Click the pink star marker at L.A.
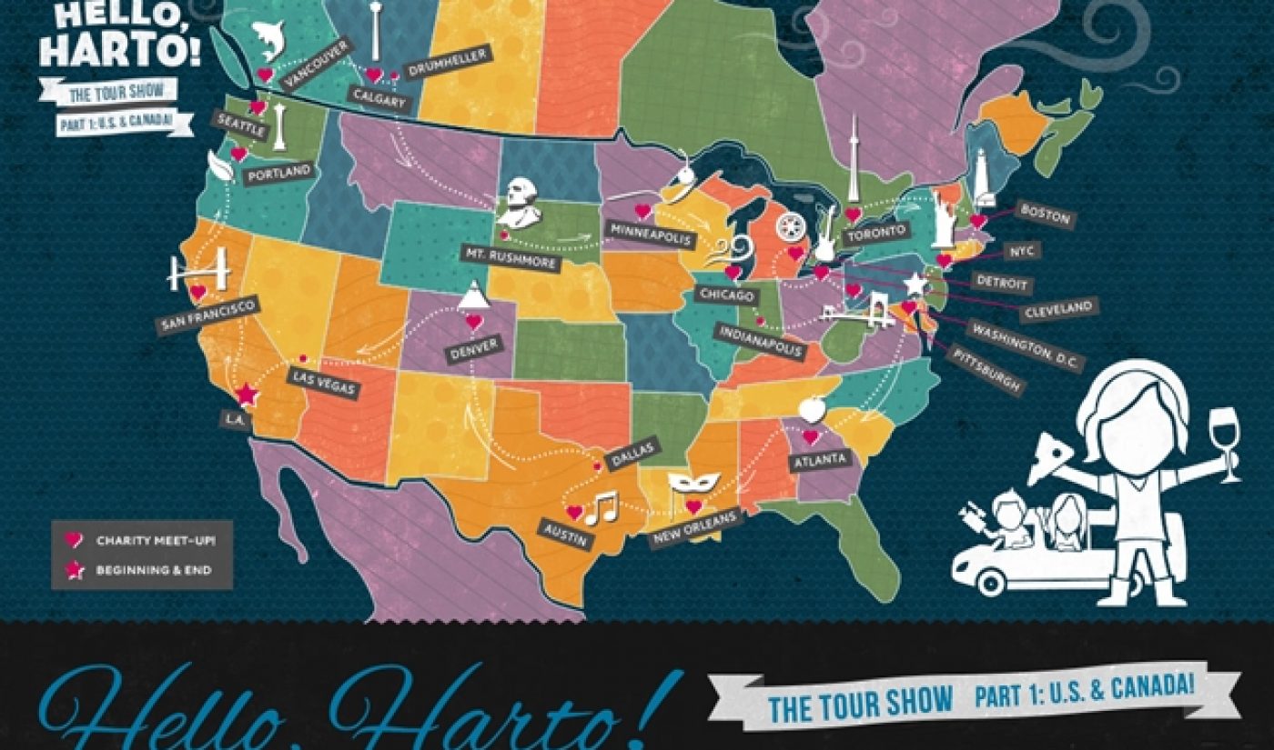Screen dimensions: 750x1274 pos(245,395)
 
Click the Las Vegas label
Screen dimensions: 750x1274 pos(324,383)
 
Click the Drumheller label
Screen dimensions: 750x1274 pos(447,62)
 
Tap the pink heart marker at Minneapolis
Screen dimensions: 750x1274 pos(642,211)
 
